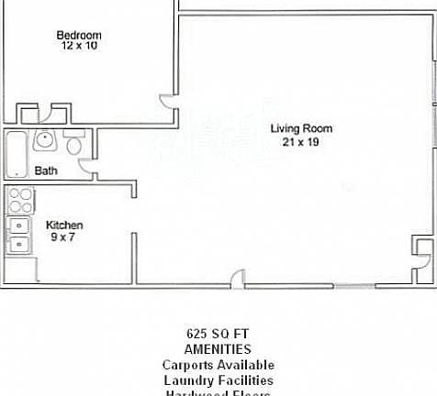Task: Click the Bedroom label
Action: tap(79, 35)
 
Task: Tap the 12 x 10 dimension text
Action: tap(79, 45)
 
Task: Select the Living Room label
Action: tap(301, 128)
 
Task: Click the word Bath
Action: tap(47, 170)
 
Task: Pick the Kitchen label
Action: tap(64, 225)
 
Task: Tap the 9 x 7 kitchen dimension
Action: tap(62, 236)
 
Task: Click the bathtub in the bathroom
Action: tap(17, 153)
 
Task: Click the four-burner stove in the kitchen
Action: tap(20, 200)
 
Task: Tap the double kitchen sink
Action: tap(18, 235)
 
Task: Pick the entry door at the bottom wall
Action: tap(238, 278)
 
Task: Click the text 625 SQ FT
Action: tap(218, 334)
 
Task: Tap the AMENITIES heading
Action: tap(218, 349)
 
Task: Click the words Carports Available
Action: tap(218, 365)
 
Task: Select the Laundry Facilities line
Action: tap(218, 380)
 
